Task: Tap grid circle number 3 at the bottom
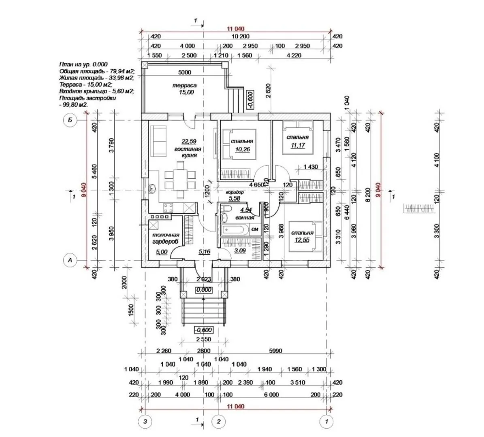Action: tap(145, 422)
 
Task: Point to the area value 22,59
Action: tap(188, 141)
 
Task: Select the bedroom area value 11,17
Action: tap(298, 145)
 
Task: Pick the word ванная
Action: tap(245, 217)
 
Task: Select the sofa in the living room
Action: tap(158, 140)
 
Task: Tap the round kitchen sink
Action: tap(152, 189)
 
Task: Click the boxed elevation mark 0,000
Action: tap(203, 290)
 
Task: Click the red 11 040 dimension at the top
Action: tap(236, 28)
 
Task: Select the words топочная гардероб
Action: tap(165, 238)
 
